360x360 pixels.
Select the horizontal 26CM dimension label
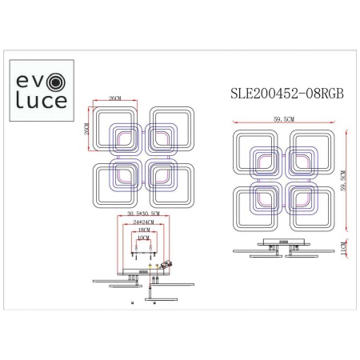pos(114,100)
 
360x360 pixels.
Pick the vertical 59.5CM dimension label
pos(343,185)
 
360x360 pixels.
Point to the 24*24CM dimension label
pos(141,223)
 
